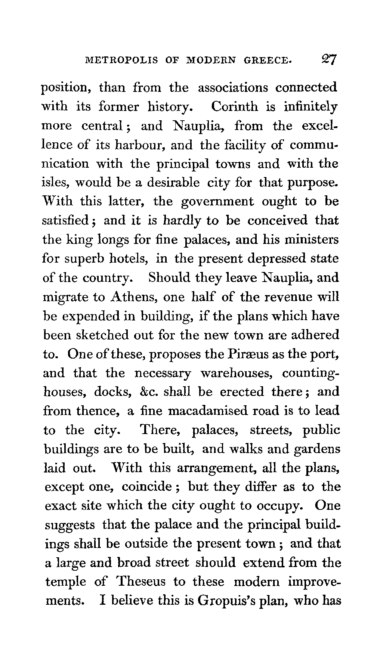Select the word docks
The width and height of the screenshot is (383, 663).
112,392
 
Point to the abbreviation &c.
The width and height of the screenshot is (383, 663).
149,392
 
